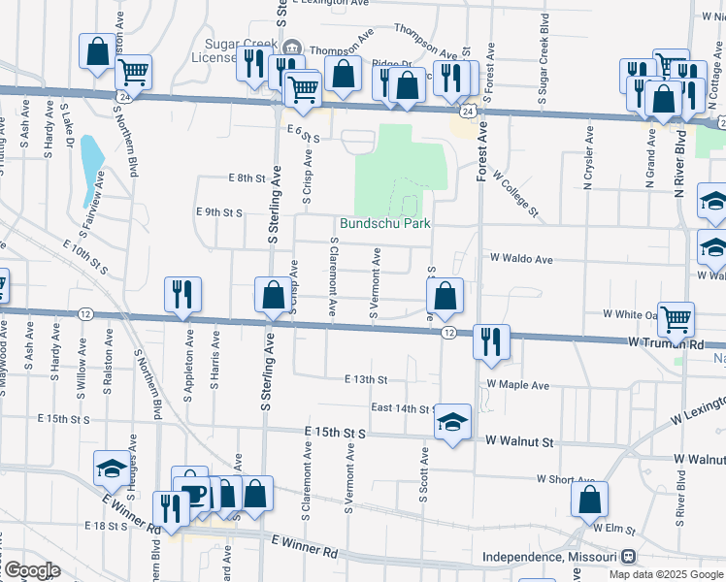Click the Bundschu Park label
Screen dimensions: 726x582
[x=385, y=223]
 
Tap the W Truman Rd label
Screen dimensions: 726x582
[x=666, y=343]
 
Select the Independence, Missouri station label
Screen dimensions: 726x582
[x=550, y=557]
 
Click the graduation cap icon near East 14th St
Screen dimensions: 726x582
[x=452, y=422]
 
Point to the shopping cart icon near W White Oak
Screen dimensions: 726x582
[x=676, y=316]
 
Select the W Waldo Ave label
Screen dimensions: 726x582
[x=521, y=259]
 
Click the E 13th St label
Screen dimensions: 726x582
[x=365, y=379]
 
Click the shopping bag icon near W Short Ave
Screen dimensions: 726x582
[x=589, y=500]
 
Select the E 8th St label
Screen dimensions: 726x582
[x=247, y=178]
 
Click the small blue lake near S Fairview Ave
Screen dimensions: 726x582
[x=92, y=163]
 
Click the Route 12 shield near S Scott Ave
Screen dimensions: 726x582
[x=448, y=333]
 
